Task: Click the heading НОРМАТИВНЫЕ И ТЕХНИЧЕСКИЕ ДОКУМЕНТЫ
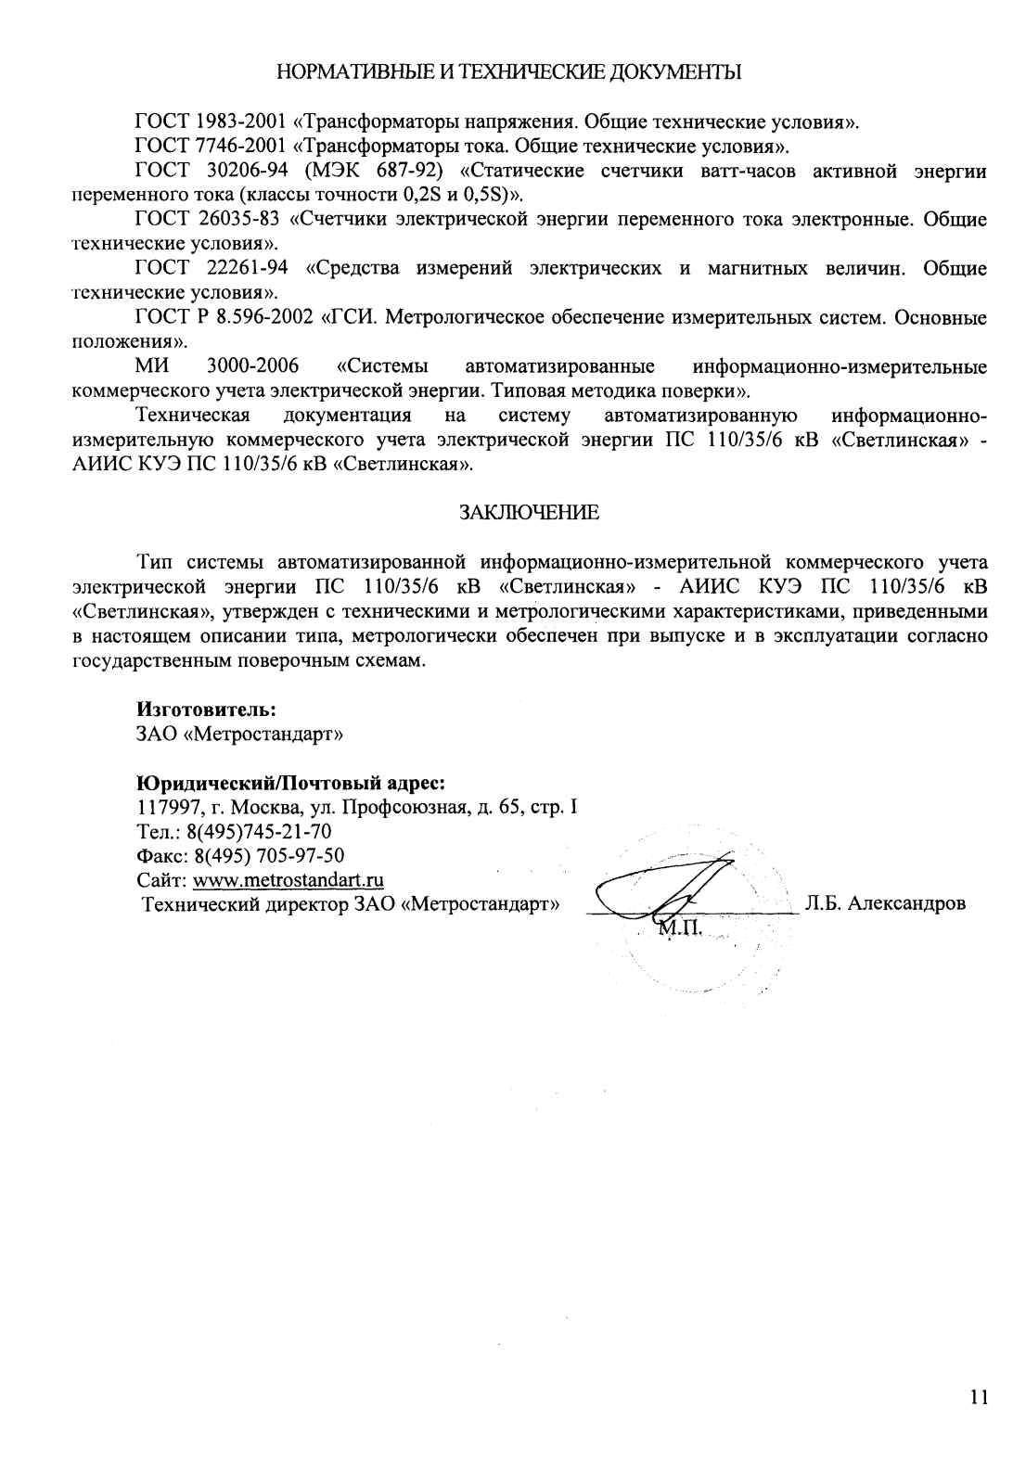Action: [x=510, y=71]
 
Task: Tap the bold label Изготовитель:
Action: [x=206, y=710]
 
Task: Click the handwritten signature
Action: [x=666, y=886]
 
